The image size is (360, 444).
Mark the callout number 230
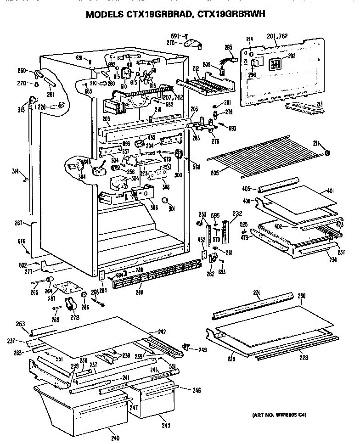coord(301,296)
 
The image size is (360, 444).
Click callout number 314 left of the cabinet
coord(16,171)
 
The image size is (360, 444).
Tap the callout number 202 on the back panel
coord(291,56)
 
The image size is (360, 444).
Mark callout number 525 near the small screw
coord(244,224)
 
